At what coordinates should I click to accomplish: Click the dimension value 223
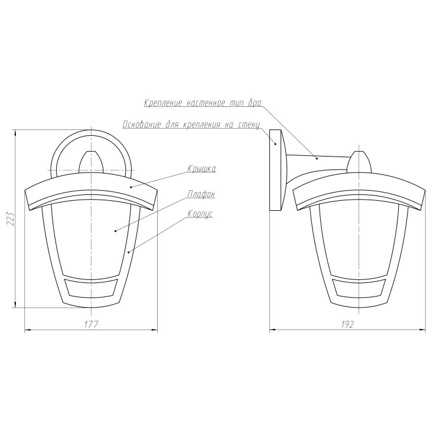11,219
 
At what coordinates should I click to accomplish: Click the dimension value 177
91,325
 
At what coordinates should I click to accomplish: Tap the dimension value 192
347,325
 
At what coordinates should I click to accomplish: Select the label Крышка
202,169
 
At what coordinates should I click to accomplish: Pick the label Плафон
201,194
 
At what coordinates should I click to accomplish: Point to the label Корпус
200,214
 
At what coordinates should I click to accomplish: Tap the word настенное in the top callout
206,103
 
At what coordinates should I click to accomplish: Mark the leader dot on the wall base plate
276,144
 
